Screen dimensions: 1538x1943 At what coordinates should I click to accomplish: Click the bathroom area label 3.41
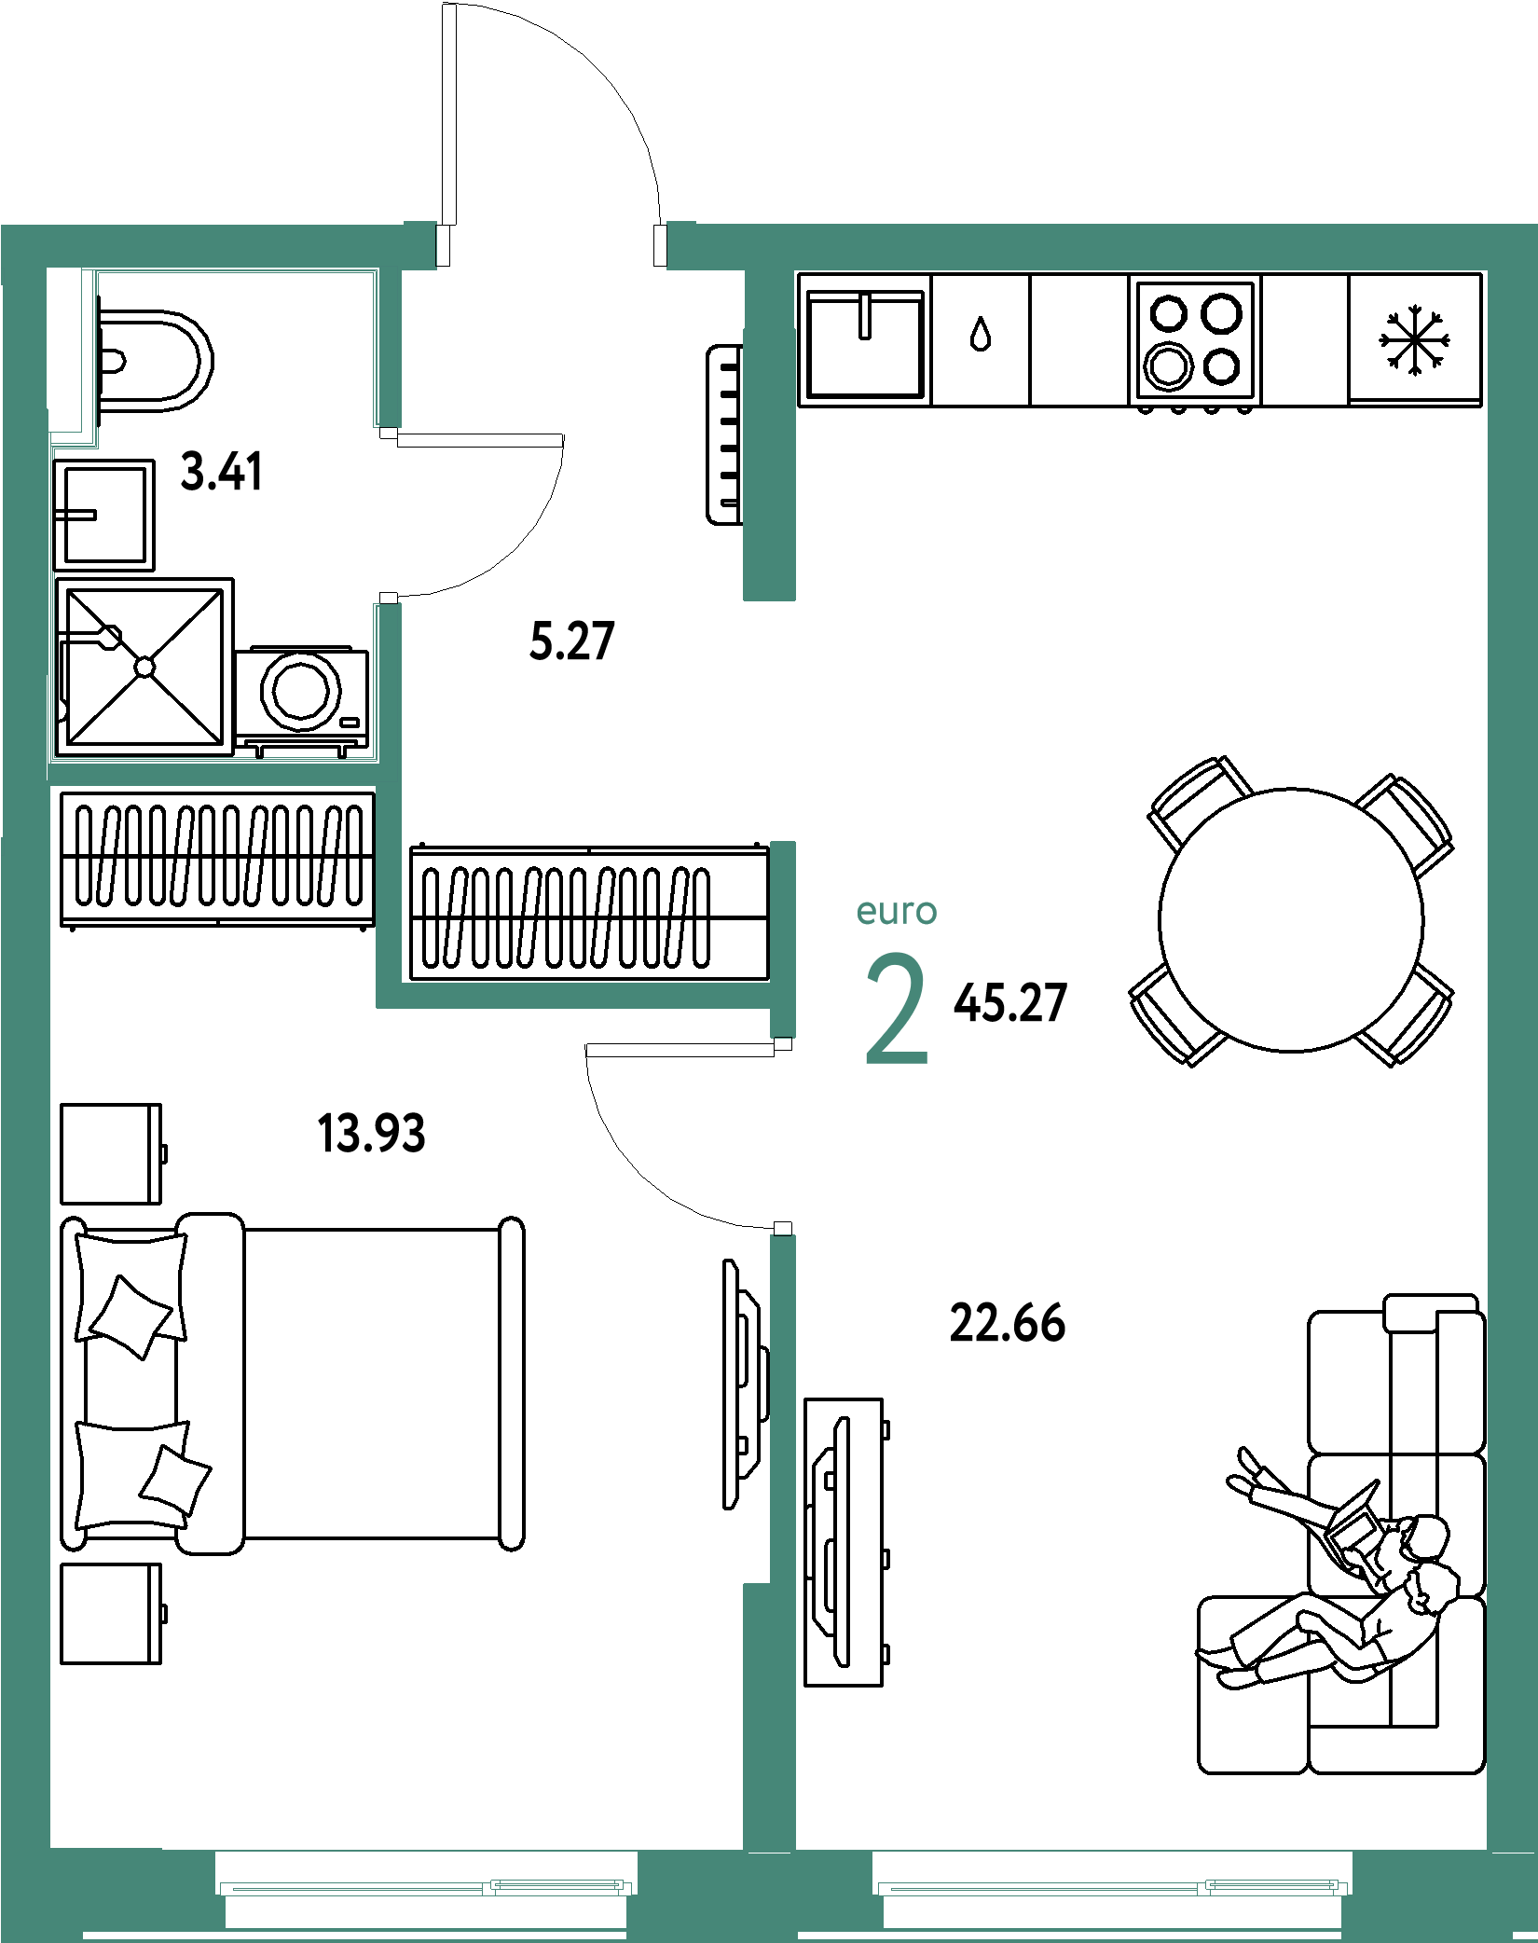coord(222,472)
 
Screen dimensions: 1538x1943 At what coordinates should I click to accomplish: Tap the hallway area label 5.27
coord(572,641)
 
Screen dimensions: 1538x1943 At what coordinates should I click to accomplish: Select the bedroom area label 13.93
coord(371,1134)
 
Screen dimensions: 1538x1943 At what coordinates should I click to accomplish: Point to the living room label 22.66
coord(1008,1324)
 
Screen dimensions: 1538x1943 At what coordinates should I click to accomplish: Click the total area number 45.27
coord(1010,1003)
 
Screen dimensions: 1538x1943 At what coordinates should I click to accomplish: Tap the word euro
coord(897,911)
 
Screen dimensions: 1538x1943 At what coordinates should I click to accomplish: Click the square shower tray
coord(144,667)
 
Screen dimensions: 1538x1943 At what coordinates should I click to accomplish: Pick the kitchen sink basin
coord(865,343)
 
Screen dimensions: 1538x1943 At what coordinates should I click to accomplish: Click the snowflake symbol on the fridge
coord(1414,339)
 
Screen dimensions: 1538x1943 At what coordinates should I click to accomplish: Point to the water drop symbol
coord(980,334)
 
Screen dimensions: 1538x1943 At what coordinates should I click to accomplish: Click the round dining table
coord(1291,920)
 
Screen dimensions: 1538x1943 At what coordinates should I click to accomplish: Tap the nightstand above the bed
coord(111,1154)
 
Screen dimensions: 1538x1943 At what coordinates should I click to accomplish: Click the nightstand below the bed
coord(111,1614)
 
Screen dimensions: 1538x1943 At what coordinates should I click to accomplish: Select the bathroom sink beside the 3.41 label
coord(104,515)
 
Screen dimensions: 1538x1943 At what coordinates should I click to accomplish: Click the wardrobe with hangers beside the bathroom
coord(218,859)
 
